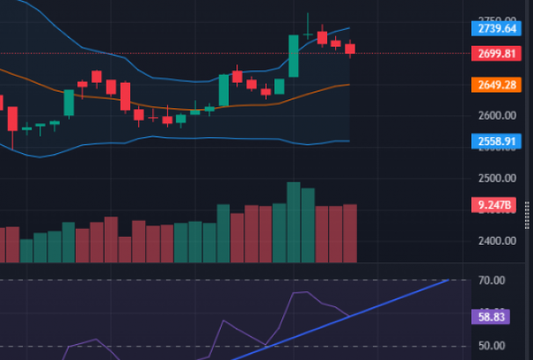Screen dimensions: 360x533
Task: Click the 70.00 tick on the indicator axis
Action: click(492, 281)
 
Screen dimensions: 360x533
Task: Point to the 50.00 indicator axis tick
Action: click(492, 346)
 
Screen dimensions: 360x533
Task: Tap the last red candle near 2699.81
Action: click(350, 49)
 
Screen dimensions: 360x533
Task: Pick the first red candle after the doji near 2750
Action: click(322, 38)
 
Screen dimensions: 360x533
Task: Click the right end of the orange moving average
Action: click(349, 84)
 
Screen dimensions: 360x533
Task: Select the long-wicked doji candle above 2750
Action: click(308, 33)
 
